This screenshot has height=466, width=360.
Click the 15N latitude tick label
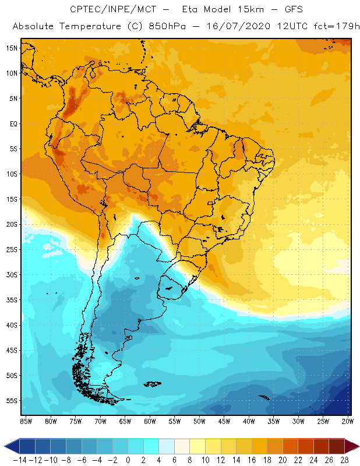12,48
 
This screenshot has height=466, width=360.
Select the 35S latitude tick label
12,299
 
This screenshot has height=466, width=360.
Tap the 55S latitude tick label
12,400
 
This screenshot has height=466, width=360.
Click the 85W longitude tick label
26,421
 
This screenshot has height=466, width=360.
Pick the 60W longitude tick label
150,421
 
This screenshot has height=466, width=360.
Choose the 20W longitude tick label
348,421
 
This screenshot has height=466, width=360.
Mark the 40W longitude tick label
249,421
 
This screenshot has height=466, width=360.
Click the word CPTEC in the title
84,10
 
